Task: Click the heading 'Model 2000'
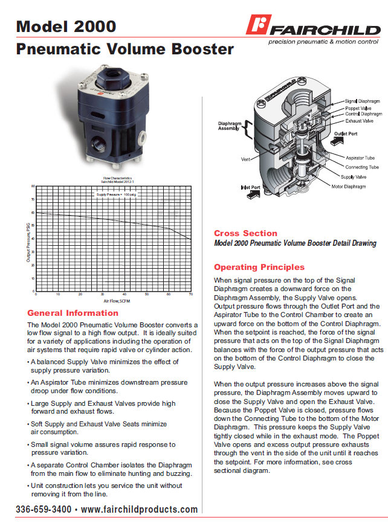tap(66, 26)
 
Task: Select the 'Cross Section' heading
tap(245, 233)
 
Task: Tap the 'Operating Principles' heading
tap(259, 267)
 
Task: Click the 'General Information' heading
tap(73, 313)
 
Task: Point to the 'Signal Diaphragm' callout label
tap(363, 101)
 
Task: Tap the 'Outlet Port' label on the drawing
tap(346, 133)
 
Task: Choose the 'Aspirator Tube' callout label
tap(360, 158)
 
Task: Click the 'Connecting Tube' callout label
tap(362, 167)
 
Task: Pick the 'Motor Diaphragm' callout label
tap(349, 187)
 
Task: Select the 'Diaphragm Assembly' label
tap(228, 126)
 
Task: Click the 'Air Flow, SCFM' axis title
tap(114, 300)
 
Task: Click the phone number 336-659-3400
tap(44, 510)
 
